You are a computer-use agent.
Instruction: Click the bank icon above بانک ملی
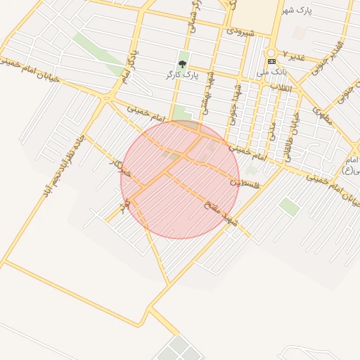tap(271, 61)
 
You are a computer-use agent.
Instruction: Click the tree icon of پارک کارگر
tap(183, 64)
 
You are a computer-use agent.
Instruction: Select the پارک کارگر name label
tap(182, 74)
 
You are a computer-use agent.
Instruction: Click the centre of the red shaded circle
tap(180, 179)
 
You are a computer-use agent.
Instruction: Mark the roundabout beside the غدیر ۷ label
tap(271, 53)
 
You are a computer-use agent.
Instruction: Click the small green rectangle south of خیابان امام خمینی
tap(289, 205)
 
